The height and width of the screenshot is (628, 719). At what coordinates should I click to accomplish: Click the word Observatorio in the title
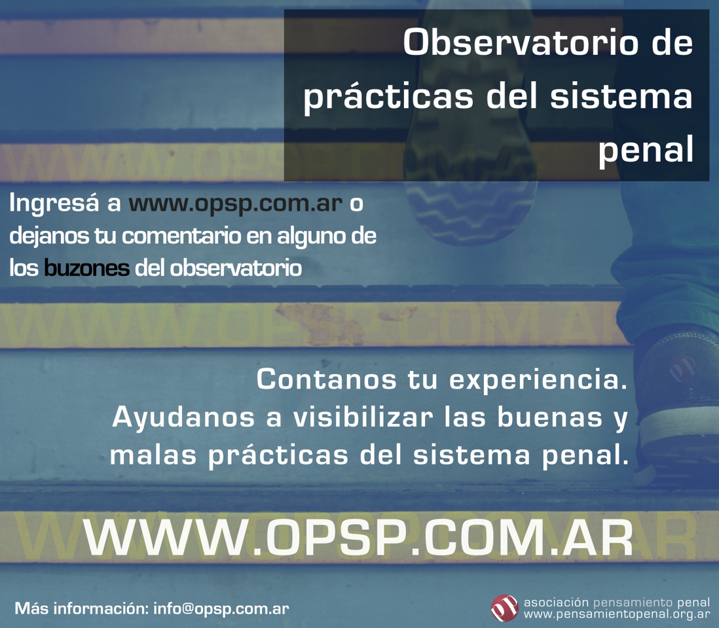[x=521, y=43]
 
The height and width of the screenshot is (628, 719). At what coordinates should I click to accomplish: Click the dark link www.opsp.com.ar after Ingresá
[x=235, y=203]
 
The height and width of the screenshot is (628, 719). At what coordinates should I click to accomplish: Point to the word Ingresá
[x=54, y=203]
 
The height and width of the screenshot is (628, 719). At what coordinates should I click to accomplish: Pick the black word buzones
[x=86, y=268]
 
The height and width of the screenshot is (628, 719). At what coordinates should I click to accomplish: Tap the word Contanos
[x=327, y=379]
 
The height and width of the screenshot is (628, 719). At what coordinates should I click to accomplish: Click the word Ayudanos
[x=183, y=418]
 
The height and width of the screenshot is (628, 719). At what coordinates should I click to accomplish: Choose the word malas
[x=153, y=455]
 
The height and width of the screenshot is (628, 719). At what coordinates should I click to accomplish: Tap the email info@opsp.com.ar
[x=221, y=608]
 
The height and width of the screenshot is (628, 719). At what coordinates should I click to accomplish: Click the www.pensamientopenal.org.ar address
[x=617, y=614]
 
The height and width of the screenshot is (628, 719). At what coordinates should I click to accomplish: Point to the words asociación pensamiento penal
[x=617, y=602]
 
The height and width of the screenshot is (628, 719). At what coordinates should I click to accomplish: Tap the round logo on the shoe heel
[x=682, y=368]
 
